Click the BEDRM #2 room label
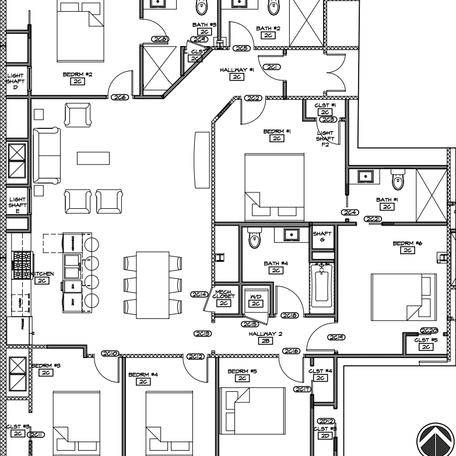click(78, 75)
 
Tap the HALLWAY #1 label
click(237, 70)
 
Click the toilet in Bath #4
click(254, 238)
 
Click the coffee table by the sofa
click(93, 158)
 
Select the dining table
click(153, 285)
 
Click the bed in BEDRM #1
click(274, 187)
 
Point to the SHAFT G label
click(322, 237)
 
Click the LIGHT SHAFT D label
click(16, 81)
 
